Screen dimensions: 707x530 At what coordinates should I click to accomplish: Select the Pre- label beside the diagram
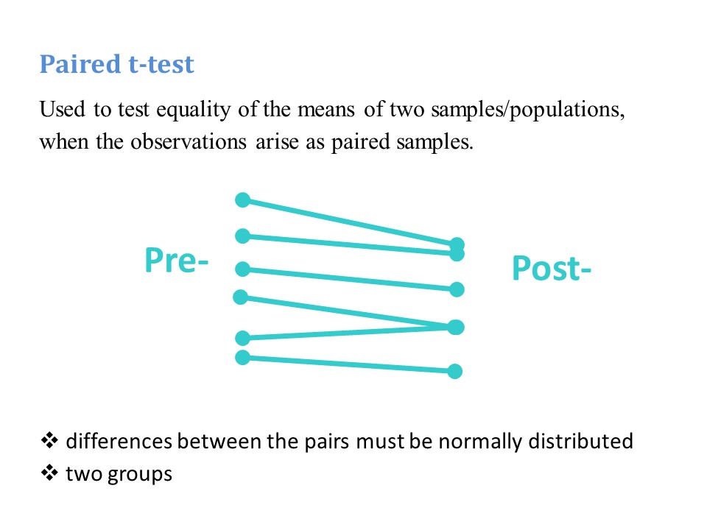[177, 261]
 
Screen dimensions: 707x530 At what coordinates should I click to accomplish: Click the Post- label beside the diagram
[552, 269]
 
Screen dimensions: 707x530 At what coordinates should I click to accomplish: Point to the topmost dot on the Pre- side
[242, 199]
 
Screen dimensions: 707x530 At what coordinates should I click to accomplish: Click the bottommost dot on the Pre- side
[242, 358]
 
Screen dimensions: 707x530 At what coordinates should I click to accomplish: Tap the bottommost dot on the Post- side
[454, 371]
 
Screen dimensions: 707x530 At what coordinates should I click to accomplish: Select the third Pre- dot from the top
[242, 269]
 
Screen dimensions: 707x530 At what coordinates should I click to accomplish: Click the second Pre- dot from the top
[242, 236]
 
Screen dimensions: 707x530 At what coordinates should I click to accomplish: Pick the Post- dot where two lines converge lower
[456, 327]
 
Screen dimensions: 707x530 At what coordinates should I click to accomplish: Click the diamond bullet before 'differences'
[49, 440]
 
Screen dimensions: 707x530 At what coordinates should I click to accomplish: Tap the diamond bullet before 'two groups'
[49, 473]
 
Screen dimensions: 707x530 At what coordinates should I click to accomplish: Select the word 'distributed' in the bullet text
[581, 441]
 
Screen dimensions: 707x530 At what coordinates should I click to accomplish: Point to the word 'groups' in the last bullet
[140, 475]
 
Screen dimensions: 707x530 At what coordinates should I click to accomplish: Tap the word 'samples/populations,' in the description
[528, 110]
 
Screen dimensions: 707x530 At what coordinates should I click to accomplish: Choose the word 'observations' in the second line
[189, 142]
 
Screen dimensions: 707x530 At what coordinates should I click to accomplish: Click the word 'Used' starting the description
[62, 109]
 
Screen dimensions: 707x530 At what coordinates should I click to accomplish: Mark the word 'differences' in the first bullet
[119, 441]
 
